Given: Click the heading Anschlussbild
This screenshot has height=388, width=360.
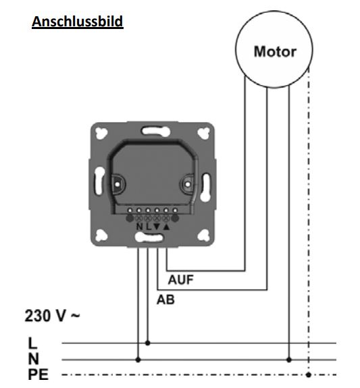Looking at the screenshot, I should click(x=77, y=21).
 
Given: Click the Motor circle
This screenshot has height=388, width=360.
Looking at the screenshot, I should click(x=274, y=51).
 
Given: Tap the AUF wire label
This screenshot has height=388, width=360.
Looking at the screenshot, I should click(x=180, y=280).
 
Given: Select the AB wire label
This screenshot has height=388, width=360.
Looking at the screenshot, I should click(x=165, y=300).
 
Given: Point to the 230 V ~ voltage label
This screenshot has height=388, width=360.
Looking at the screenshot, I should click(x=52, y=315).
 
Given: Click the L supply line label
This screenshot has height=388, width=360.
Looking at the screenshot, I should click(x=32, y=342).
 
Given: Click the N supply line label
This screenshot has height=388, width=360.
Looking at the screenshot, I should click(x=32, y=358).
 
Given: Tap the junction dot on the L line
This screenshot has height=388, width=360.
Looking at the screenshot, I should click(x=148, y=343).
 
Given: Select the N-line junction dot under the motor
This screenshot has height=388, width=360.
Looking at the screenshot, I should click(x=289, y=359).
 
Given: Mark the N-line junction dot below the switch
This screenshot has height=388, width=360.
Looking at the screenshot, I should click(x=138, y=359).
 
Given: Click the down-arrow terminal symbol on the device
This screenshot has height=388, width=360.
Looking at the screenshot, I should click(x=156, y=226).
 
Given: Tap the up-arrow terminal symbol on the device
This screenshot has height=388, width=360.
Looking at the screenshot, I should click(x=165, y=226).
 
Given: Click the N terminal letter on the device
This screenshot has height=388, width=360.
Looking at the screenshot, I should click(x=139, y=226).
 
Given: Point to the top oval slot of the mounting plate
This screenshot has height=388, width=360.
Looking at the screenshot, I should click(x=152, y=129).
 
